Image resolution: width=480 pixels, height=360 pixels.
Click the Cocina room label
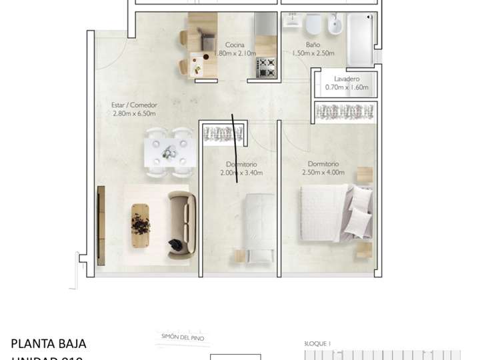[234, 45]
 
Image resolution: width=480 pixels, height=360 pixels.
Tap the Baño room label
[304, 45]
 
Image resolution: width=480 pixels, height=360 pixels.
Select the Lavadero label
[347, 79]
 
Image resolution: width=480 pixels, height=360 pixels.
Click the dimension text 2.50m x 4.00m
[326, 173]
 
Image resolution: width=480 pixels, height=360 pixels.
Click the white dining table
[169, 151]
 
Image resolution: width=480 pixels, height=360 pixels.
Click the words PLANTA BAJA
[49, 344]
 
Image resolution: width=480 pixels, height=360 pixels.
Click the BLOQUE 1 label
[318, 343]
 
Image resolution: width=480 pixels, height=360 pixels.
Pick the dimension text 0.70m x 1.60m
[347, 87]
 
